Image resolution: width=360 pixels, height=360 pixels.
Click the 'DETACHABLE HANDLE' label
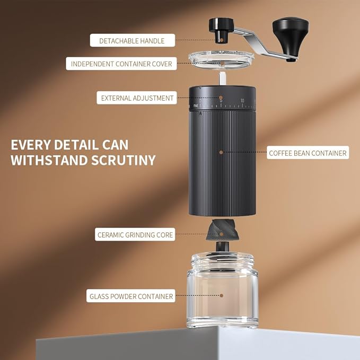click(x=131, y=40)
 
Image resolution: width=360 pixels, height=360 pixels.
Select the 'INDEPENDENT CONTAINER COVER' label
click(x=122, y=64)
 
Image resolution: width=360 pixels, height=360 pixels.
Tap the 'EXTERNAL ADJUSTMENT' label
click(x=137, y=98)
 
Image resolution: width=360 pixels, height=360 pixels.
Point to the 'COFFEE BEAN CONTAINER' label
click(x=308, y=153)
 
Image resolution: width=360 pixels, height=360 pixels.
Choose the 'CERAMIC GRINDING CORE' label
click(x=135, y=234)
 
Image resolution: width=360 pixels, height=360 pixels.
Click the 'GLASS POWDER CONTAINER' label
click(x=131, y=296)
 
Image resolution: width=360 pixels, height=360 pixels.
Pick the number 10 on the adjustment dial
click(x=242, y=101)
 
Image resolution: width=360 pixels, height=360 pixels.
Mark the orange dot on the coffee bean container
click(x=221, y=153)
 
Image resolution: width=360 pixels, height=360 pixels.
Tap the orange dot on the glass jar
click(x=221, y=296)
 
